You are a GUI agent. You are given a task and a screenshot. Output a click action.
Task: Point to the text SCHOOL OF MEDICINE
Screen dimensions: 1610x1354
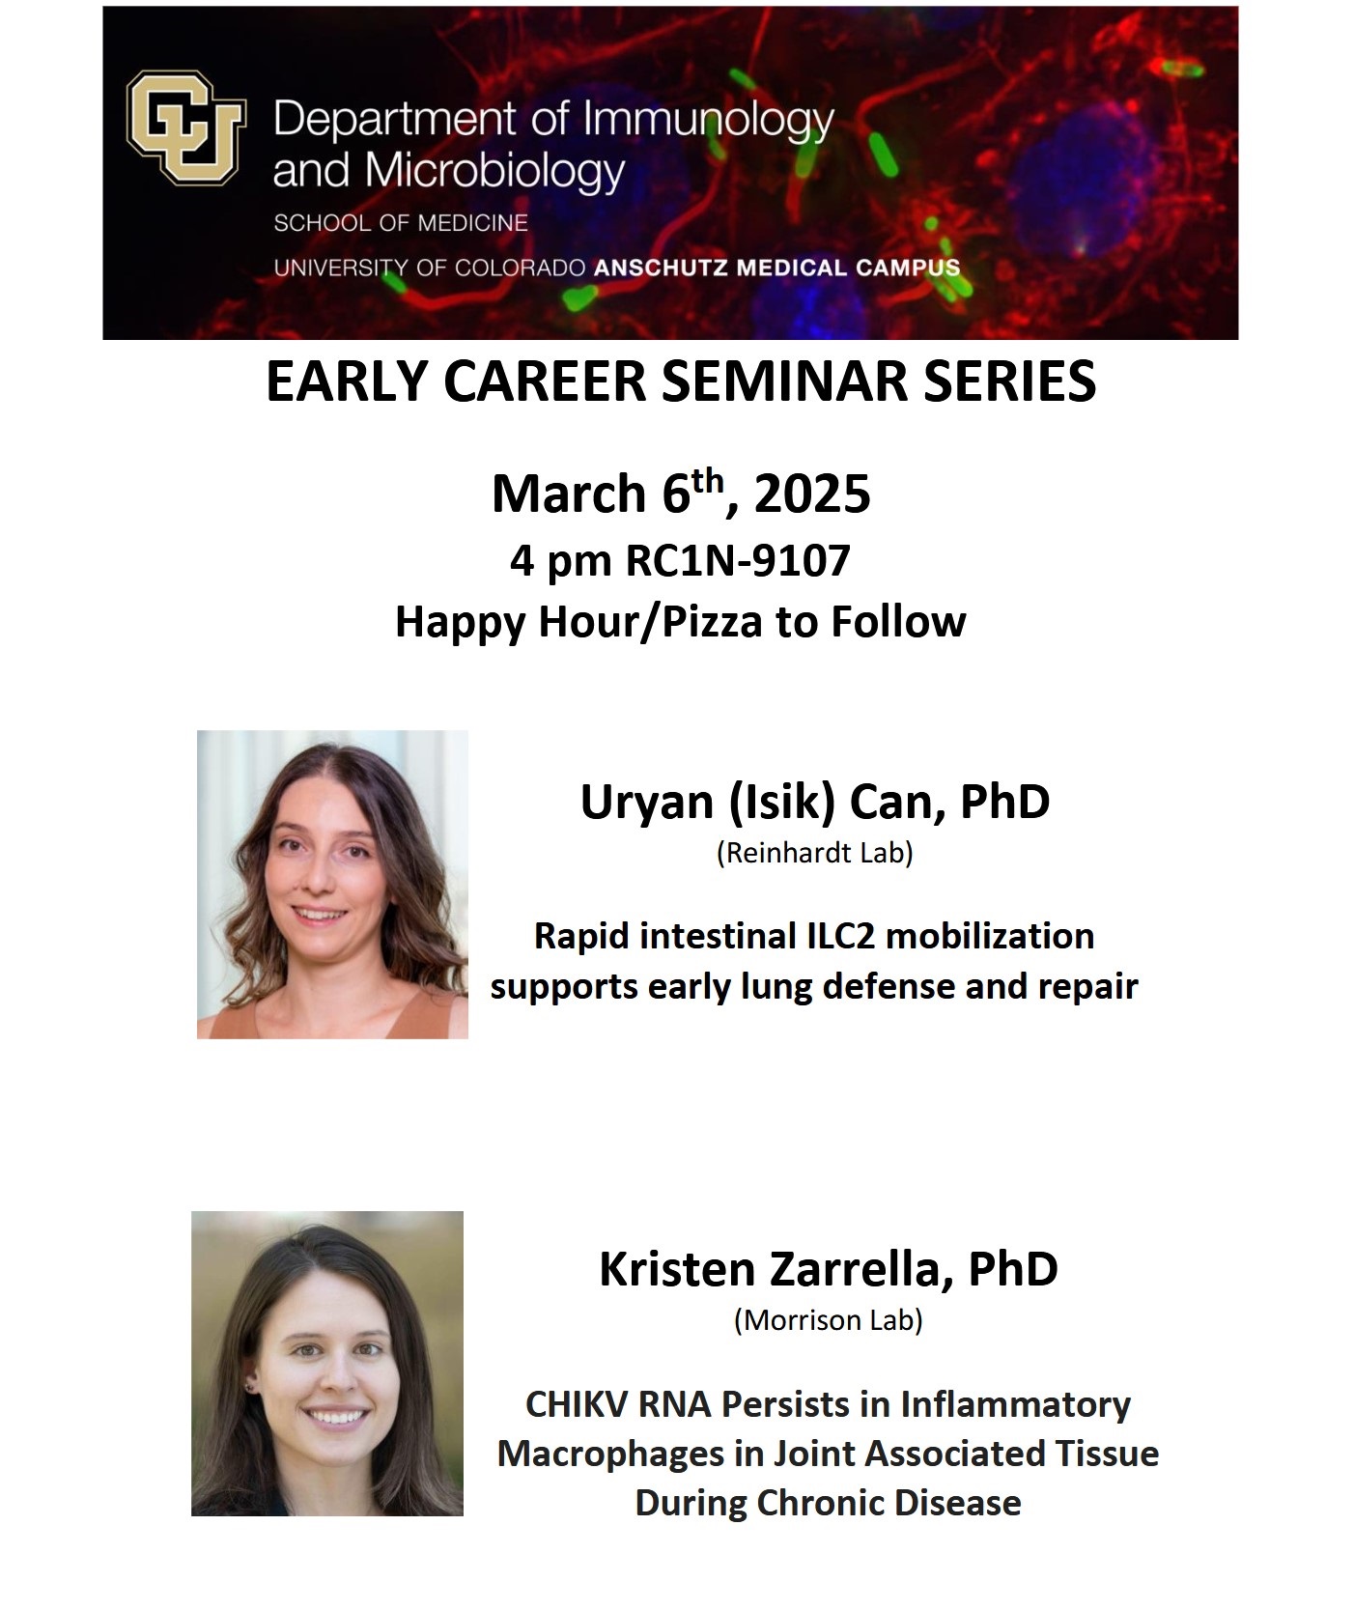pos(401,223)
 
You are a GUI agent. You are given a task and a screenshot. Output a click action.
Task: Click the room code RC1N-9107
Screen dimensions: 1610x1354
pos(738,560)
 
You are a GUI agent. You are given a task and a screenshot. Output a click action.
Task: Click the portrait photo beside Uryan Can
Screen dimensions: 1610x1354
pos(332,884)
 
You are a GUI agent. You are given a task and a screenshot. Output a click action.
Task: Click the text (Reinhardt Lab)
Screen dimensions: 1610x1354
pos(814,854)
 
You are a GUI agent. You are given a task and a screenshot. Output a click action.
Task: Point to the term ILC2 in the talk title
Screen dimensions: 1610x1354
pos(846,936)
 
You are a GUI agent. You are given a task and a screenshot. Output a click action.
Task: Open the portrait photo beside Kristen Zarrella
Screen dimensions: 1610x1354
pos(326,1363)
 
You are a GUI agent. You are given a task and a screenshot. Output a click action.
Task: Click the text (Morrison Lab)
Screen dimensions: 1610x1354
pos(828,1319)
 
